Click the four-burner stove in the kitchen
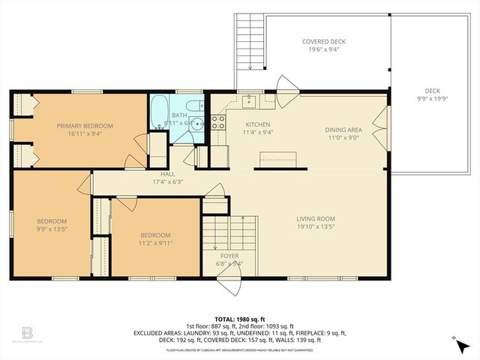pos(218,121)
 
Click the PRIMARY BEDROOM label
pos(85,126)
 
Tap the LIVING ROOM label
pos(314,218)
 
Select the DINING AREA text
pos(344,129)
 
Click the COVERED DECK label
pos(323,42)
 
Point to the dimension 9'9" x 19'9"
pos(431,97)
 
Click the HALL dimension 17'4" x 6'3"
pos(168,181)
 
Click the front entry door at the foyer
pos(229,283)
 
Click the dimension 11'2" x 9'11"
pos(155,242)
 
